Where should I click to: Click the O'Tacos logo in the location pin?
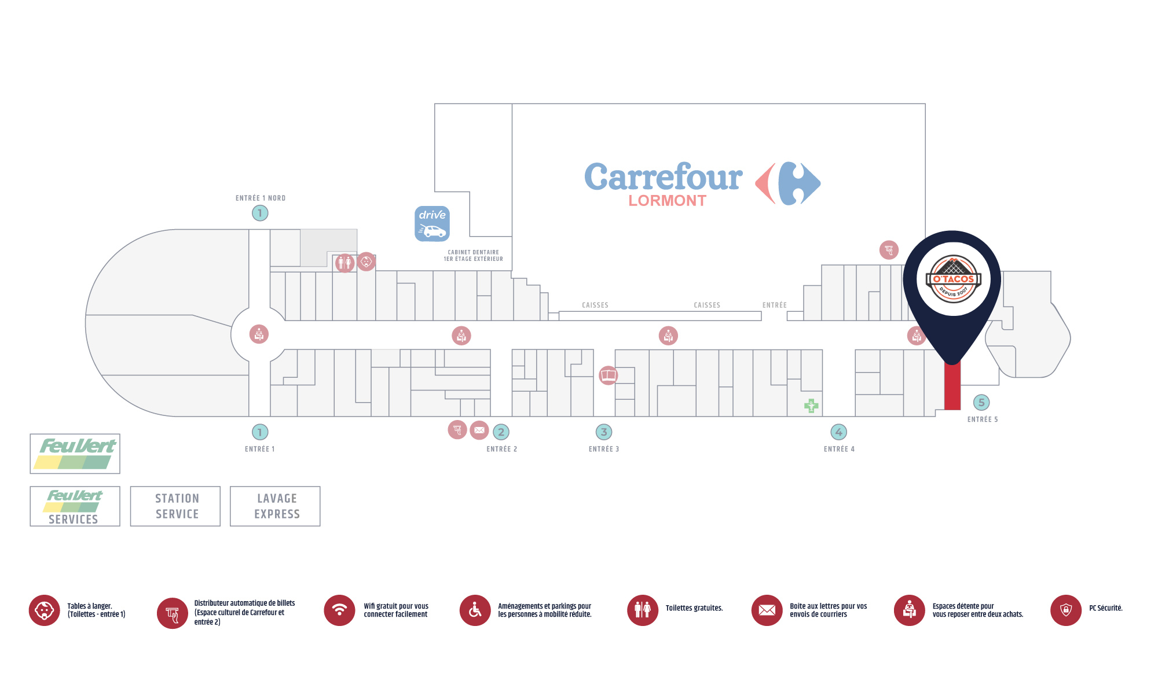[x=953, y=279]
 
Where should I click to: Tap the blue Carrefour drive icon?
[x=432, y=223]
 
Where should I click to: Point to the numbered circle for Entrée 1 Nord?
[x=260, y=213]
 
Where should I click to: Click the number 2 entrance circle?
[x=501, y=432]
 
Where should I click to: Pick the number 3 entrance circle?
[x=604, y=432]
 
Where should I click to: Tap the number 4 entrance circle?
[x=839, y=432]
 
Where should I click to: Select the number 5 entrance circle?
[x=981, y=403]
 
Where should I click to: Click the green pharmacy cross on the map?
[x=811, y=406]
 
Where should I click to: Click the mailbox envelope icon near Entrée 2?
[x=479, y=430]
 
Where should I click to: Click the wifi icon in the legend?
[x=340, y=610]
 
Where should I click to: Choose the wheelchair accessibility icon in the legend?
[x=475, y=610]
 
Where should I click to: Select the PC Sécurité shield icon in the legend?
[x=1066, y=610]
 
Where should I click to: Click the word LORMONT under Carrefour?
[x=668, y=201]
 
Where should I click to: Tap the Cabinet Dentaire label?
[x=474, y=256]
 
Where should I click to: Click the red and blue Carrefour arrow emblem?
[x=788, y=183]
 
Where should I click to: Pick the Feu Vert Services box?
[x=75, y=506]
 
